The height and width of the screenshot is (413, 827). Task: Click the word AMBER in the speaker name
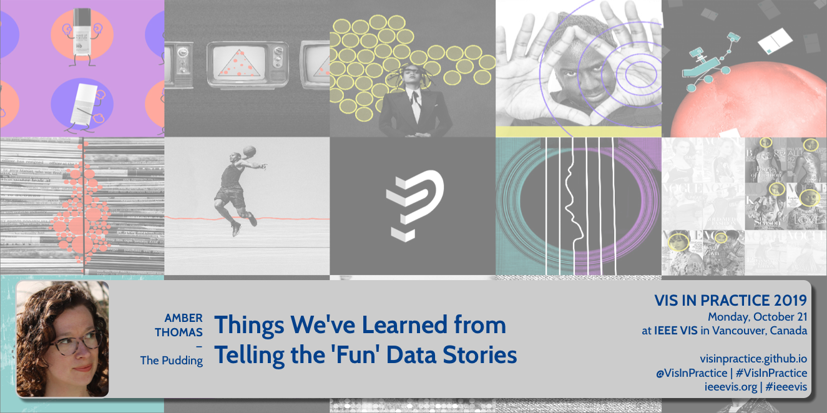pyautogui.click(x=184, y=318)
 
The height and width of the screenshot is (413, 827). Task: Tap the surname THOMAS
pyautogui.click(x=179, y=332)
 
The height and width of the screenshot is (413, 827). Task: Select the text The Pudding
pyautogui.click(x=171, y=360)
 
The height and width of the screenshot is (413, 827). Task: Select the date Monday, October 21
pyautogui.click(x=757, y=317)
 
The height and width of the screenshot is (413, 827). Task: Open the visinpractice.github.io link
pyautogui.click(x=753, y=359)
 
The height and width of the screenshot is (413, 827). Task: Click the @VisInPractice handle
pyautogui.click(x=692, y=373)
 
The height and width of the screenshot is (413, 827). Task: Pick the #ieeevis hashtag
pyautogui.click(x=786, y=387)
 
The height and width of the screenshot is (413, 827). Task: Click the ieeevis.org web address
pyautogui.click(x=731, y=387)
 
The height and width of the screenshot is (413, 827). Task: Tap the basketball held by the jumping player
pyautogui.click(x=250, y=151)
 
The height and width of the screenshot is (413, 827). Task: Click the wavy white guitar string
pyautogui.click(x=574, y=206)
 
